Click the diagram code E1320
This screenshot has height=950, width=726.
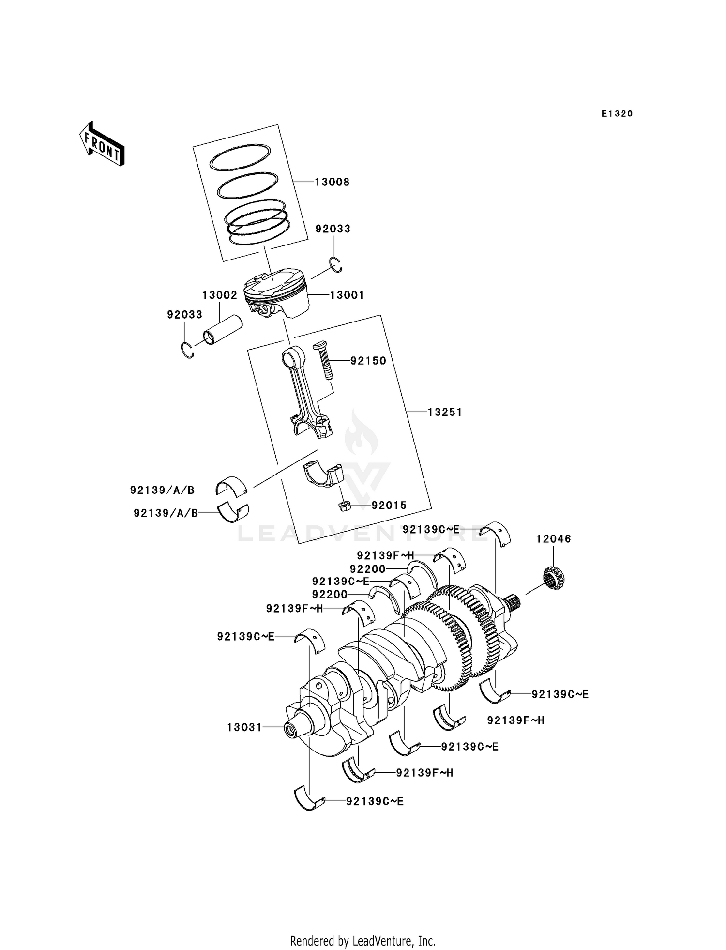(617, 114)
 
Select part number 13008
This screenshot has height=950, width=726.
(332, 182)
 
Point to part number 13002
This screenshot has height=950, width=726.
(219, 295)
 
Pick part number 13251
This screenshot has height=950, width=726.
(445, 412)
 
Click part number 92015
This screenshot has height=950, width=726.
(389, 506)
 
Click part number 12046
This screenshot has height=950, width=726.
(553, 539)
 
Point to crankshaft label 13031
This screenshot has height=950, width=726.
(244, 727)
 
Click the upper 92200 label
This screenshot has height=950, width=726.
(368, 569)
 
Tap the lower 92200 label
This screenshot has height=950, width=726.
(330, 595)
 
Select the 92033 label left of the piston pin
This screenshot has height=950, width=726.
(184, 315)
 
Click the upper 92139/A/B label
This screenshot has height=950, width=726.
(162, 490)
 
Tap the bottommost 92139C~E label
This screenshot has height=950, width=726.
(375, 802)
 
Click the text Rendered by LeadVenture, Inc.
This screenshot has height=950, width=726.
(363, 941)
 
